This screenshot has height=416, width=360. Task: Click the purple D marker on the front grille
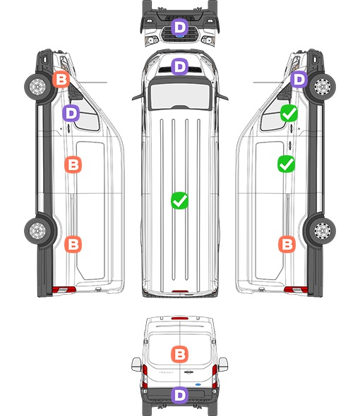(180, 27)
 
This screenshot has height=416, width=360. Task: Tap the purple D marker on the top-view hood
(180, 66)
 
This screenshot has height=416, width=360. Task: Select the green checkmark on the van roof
(179, 200)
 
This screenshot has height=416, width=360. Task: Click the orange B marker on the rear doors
(179, 354)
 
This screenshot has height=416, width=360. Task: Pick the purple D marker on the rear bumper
(180, 395)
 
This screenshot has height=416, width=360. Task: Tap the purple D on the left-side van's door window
(71, 114)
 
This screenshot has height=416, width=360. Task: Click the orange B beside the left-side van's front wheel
(61, 79)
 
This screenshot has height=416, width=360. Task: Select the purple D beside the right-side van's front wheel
(299, 79)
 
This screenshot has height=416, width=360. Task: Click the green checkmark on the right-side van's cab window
(289, 114)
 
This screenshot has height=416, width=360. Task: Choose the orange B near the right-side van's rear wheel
(287, 244)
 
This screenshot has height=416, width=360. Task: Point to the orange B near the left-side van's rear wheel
(73, 244)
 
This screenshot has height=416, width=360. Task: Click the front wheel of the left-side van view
(37, 87)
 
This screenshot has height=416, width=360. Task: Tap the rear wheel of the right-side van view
(323, 231)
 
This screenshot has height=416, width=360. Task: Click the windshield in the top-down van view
(180, 96)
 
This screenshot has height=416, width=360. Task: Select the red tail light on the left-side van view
(64, 290)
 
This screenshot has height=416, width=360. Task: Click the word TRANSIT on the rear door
(166, 372)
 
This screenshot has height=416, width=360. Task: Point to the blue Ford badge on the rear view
(198, 385)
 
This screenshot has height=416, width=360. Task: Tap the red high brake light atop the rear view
(180, 318)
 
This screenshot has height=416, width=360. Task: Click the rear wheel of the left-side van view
(37, 231)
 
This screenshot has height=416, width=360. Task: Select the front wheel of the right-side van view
(323, 87)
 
